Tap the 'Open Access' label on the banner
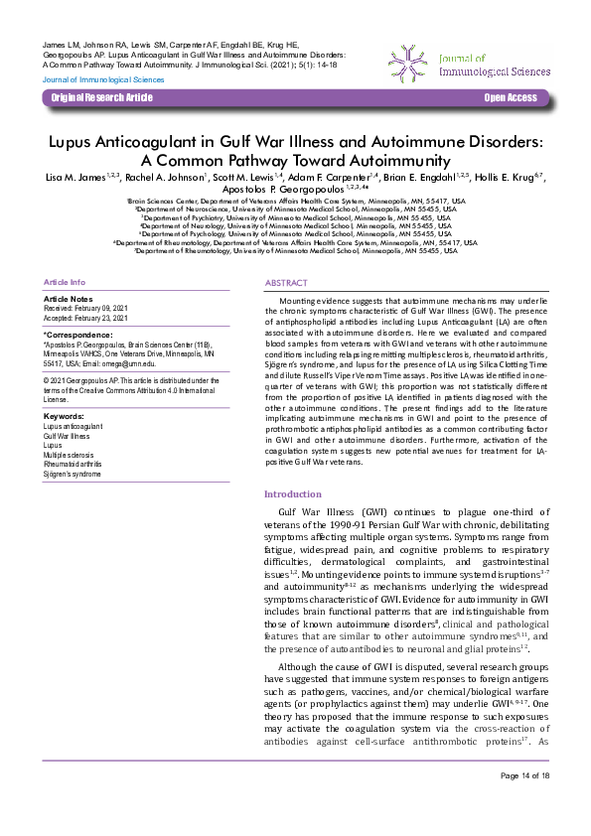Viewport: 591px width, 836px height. [x=510, y=97]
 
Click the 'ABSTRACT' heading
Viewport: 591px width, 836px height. [x=286, y=283]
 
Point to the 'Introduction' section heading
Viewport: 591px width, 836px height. [x=293, y=493]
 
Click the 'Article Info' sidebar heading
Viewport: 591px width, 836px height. [x=66, y=283]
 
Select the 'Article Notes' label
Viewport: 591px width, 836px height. [x=69, y=299]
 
